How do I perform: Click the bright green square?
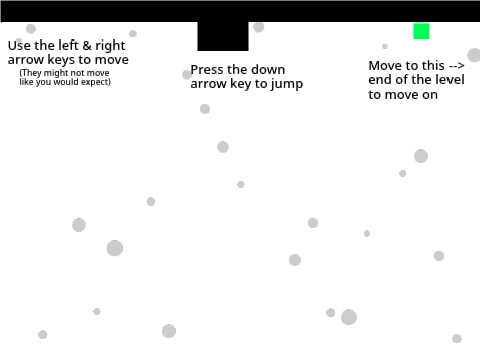coord(421,31)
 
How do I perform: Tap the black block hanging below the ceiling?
coord(223,36)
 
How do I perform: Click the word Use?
coord(19,45)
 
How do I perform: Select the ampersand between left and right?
coord(87,46)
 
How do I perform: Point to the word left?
coord(69,45)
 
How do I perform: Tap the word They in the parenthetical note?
coord(30,73)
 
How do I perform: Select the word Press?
coord(207,70)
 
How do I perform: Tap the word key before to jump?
coord(241,84)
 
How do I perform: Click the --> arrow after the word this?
coord(457,66)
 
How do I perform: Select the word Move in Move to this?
coord(383,66)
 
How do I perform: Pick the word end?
coord(380,79)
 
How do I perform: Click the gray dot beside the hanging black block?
coord(259,27)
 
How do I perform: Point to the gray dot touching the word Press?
coord(187,75)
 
